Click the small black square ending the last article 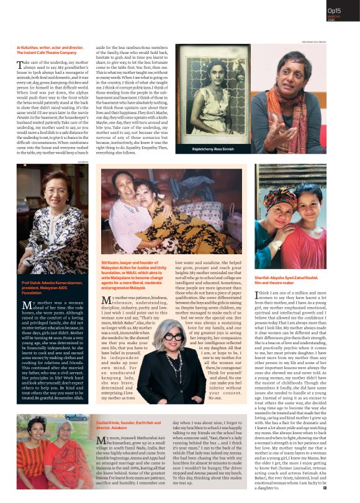pos(342,490)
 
